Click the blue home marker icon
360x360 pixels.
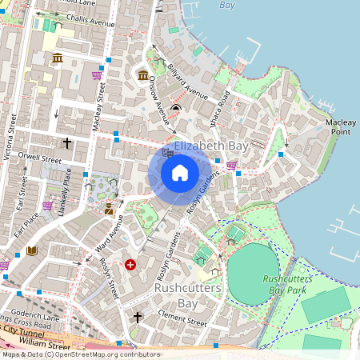[x=180, y=173]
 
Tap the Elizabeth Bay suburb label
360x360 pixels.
[x=210, y=147]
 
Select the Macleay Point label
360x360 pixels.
[x=342, y=126]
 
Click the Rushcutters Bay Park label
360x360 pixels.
[x=284, y=284]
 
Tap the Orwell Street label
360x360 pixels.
[x=41, y=158]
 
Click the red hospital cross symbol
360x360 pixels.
[x=130, y=264]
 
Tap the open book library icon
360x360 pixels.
[x=32, y=251]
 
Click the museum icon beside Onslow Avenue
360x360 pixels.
[x=143, y=75]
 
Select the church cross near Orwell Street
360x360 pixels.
[x=67, y=143]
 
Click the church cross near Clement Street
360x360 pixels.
[x=137, y=318]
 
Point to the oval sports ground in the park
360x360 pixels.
[x=254, y=274]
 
